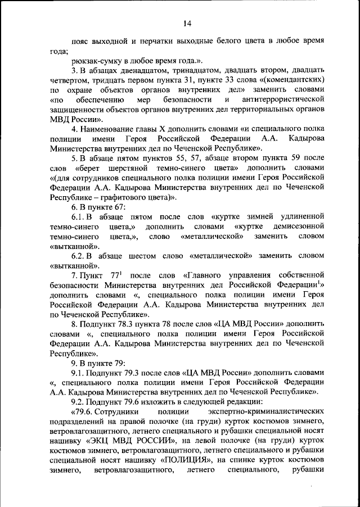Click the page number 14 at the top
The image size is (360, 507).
[x=187, y=23]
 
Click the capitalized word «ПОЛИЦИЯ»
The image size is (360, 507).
[x=183, y=460]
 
